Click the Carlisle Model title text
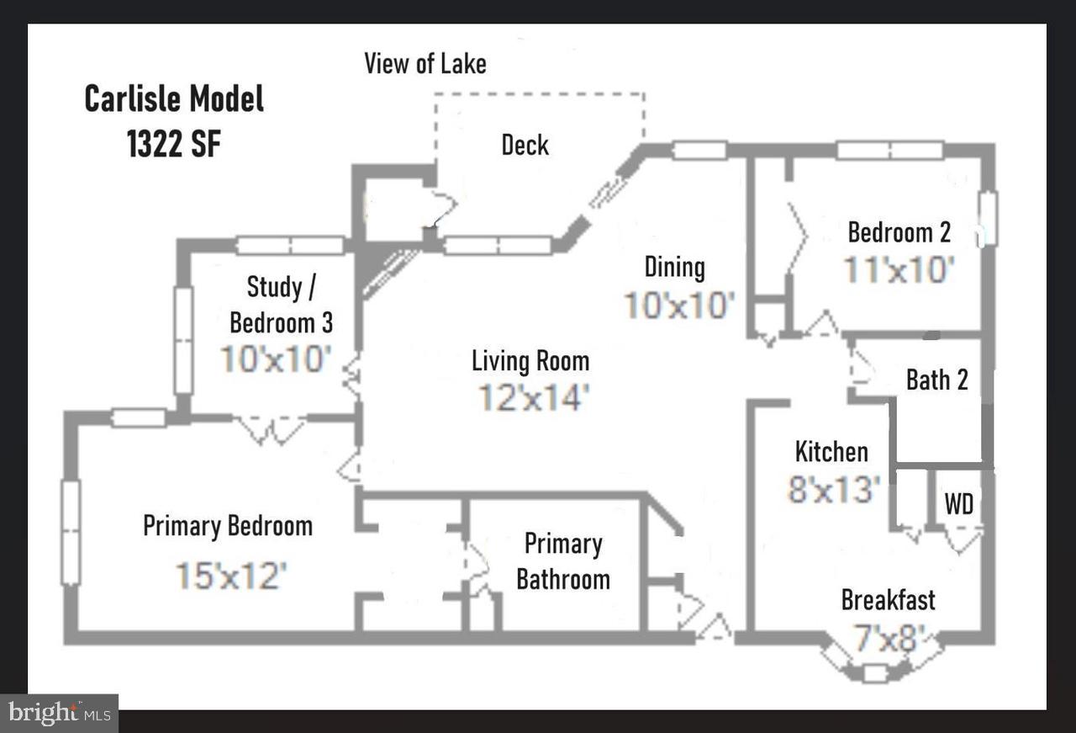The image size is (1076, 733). tap(174, 99)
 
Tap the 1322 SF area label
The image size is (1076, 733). tap(174, 144)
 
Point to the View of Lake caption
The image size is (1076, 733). tap(425, 63)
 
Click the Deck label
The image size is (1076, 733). tap(525, 145)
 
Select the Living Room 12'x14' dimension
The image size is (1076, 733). tap(530, 397)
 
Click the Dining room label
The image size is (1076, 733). tap(674, 268)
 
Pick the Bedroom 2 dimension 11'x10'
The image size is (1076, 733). tap(899, 270)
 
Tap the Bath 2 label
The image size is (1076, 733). tap(936, 380)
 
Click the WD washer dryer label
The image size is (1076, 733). tap(959, 504)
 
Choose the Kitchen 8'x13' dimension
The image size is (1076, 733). tap(833, 489)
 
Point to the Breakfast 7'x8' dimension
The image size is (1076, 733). tap(889, 637)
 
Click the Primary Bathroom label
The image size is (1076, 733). tap(562, 561)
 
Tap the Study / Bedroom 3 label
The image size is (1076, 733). tap(281, 304)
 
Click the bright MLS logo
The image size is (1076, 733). tap(59, 714)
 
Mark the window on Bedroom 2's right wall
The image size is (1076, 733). tap(989, 219)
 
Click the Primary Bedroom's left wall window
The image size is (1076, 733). tap(71, 532)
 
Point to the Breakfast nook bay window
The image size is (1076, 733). tap(875, 672)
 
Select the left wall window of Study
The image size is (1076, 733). tap(183, 340)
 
